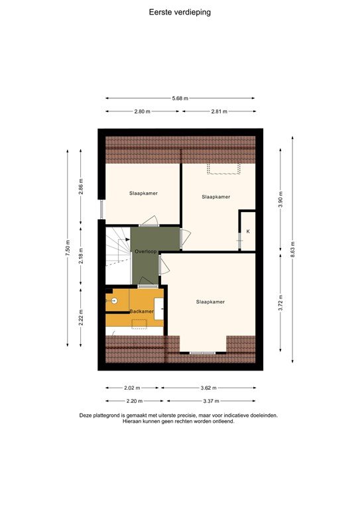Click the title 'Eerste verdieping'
tap(180, 11)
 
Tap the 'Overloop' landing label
tap(145, 252)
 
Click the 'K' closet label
tap(248, 231)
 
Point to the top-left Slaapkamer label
tap(143, 194)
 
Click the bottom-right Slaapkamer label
tap(210, 302)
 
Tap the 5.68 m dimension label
tap(180, 98)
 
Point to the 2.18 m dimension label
tap(81, 256)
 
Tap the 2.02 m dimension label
tap(133, 388)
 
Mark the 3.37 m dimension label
tap(211, 401)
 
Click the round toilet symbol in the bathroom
tap(114, 300)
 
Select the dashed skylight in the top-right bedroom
tap(223, 170)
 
